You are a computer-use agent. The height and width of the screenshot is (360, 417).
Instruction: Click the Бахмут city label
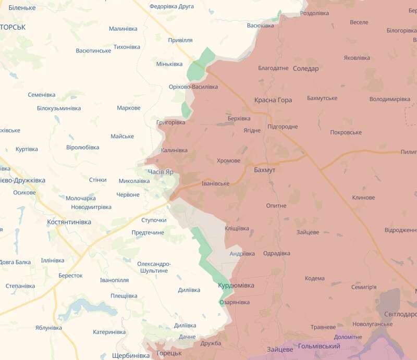(264, 170)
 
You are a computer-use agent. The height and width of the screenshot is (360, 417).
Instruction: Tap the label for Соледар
(305, 68)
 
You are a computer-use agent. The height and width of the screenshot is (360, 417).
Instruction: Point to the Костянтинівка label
(69, 222)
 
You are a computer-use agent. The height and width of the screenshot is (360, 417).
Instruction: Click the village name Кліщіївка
(236, 228)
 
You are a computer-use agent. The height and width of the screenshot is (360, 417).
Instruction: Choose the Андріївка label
(242, 254)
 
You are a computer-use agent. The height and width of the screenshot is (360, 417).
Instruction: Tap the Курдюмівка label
(236, 285)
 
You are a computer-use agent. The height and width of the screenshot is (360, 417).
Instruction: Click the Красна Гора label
(273, 100)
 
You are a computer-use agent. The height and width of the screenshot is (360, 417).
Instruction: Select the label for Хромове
(228, 161)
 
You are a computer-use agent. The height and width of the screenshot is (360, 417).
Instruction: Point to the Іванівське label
(215, 184)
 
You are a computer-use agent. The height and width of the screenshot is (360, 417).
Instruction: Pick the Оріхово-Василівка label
(193, 87)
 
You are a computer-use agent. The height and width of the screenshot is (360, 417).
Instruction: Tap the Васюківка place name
(260, 26)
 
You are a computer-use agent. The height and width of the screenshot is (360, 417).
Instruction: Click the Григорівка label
(170, 122)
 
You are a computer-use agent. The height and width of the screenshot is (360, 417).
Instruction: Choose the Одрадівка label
(277, 253)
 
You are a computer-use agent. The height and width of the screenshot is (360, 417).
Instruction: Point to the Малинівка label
(122, 29)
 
